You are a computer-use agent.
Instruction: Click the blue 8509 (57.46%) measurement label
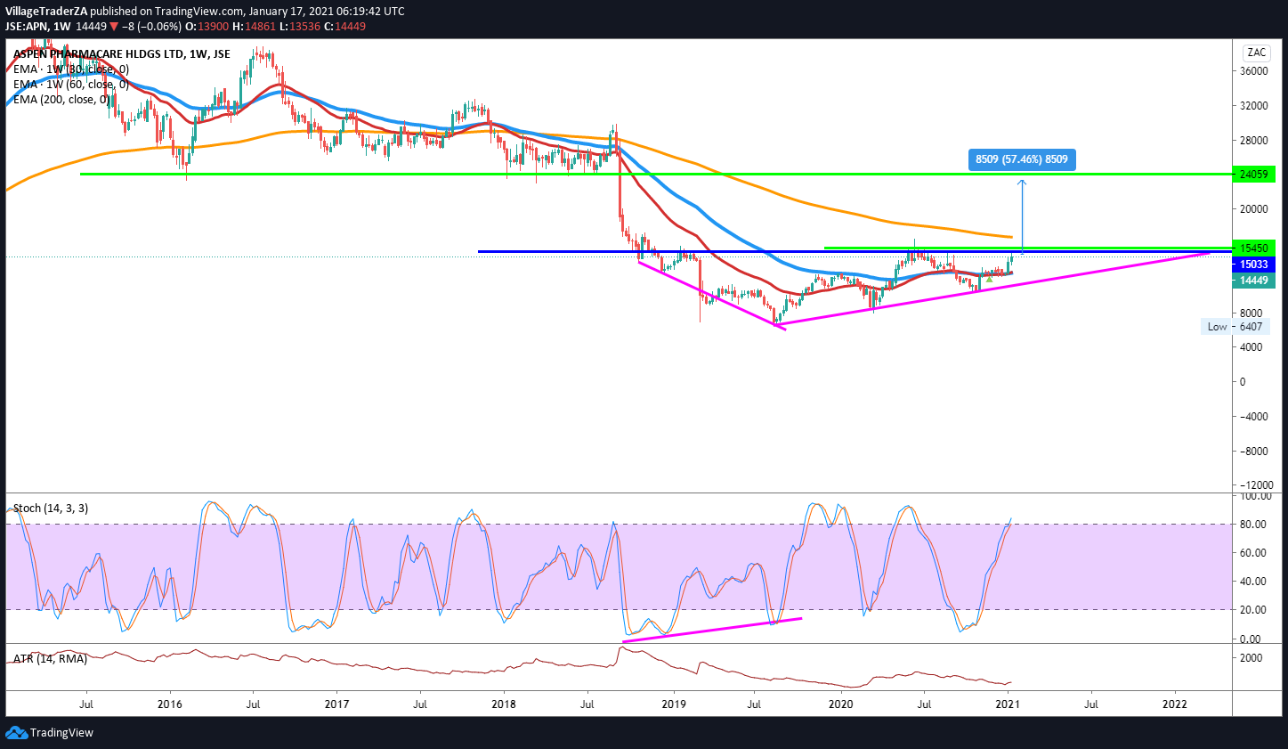[1021, 159]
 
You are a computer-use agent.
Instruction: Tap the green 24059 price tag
[1253, 174]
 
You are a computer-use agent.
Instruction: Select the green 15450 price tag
[1253, 248]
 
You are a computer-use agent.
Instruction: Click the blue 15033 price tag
[1253, 265]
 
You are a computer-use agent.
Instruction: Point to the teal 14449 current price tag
[1253, 281]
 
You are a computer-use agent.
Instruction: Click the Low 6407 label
[1234, 327]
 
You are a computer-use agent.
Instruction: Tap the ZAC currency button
[1256, 53]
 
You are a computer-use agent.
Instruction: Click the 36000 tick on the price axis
[1253, 71]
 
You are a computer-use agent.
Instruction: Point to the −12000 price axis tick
[1252, 485]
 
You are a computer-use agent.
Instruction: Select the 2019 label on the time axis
[674, 704]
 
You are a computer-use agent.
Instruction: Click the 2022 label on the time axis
[1175, 704]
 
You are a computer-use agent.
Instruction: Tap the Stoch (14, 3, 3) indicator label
[51, 509]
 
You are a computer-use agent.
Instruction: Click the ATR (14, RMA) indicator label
[51, 659]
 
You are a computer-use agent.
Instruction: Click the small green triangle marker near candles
[989, 280]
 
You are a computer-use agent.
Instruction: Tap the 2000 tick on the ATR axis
[1251, 658]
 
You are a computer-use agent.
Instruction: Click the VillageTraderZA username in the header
[45, 12]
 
